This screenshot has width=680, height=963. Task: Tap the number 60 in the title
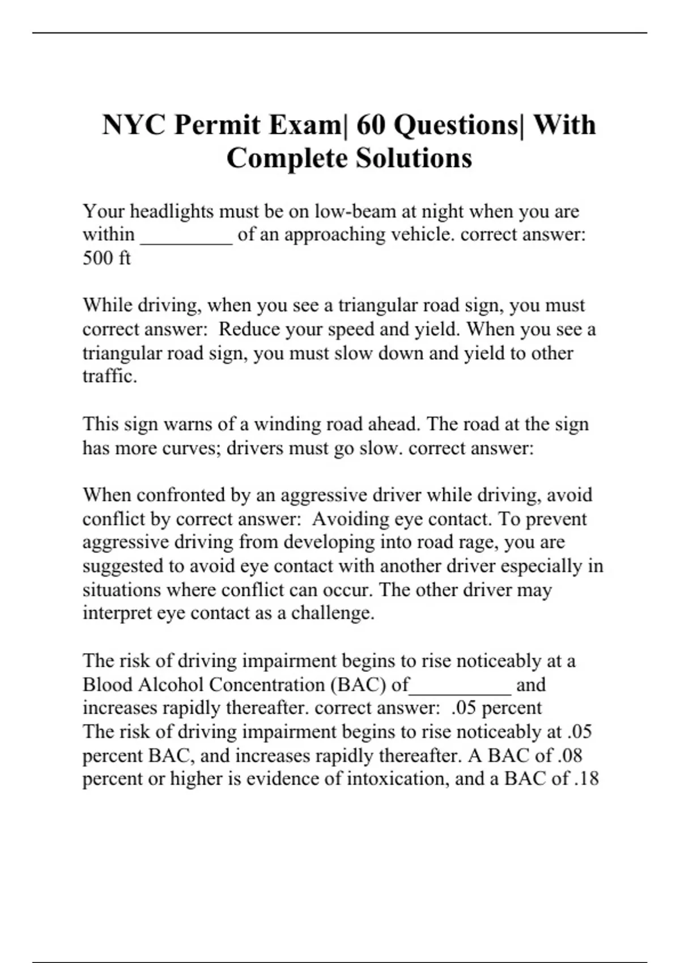pyautogui.click(x=371, y=125)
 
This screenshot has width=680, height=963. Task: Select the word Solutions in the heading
pyautogui.click(x=414, y=158)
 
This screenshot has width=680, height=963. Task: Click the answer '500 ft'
pyautogui.click(x=107, y=258)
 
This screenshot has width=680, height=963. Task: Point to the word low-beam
pyautogui.click(x=355, y=211)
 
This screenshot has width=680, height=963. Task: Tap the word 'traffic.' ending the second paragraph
pyautogui.click(x=110, y=376)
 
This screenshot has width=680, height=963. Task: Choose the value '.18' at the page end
pyautogui.click(x=586, y=779)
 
